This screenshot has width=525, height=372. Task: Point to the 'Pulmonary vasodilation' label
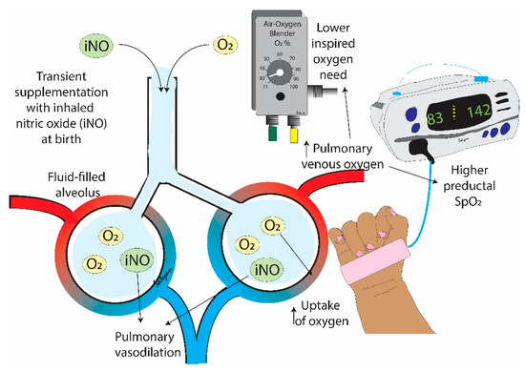129,341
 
